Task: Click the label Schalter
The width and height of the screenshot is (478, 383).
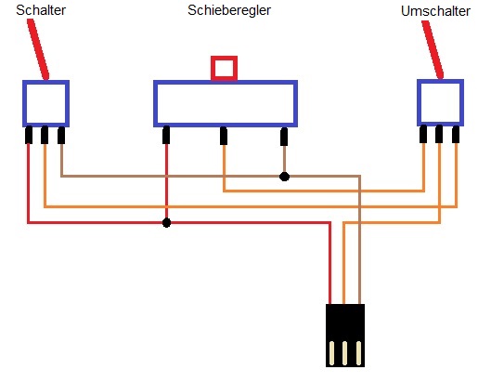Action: coord(41,10)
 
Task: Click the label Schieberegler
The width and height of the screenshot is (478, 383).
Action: coord(229,10)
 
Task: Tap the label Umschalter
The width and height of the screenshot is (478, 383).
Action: coord(435,11)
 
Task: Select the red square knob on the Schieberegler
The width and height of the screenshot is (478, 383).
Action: coord(225,69)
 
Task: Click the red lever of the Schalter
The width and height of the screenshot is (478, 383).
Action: coord(38,49)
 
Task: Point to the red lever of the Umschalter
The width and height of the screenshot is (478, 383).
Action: coord(433,49)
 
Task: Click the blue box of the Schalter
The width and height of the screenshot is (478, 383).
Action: coord(23,104)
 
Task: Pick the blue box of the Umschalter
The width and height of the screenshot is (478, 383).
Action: coord(418,103)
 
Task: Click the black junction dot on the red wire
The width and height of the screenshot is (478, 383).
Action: coord(166,222)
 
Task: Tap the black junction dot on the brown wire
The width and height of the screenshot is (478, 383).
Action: coord(284,177)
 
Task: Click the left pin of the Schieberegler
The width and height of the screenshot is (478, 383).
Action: coord(166,135)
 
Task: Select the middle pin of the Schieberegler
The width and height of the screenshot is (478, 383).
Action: coord(224,136)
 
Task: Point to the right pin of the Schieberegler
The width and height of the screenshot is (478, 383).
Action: coord(284,137)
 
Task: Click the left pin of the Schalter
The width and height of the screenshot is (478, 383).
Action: coord(29,135)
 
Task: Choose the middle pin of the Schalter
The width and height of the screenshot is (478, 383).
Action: coord(45,135)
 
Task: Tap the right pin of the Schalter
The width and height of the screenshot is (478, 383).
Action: coord(61,136)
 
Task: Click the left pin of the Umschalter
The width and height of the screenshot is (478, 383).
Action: coord(423,134)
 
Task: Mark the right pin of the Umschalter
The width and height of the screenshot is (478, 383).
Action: coord(456,135)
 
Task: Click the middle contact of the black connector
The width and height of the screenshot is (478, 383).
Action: coord(345,353)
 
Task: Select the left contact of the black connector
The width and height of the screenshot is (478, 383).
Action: coord(331,353)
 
